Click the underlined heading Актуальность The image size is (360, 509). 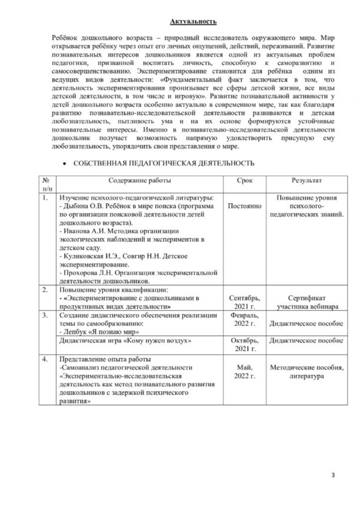click(x=193, y=22)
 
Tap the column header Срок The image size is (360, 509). click(x=244, y=180)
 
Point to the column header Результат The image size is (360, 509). click(x=306, y=180)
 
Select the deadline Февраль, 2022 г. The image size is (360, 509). click(x=244, y=320)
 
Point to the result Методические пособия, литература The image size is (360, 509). click(x=306, y=372)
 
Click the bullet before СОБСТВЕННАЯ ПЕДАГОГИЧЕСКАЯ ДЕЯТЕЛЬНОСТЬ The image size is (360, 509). click(x=64, y=163)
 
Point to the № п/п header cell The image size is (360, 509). click(x=46, y=184)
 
